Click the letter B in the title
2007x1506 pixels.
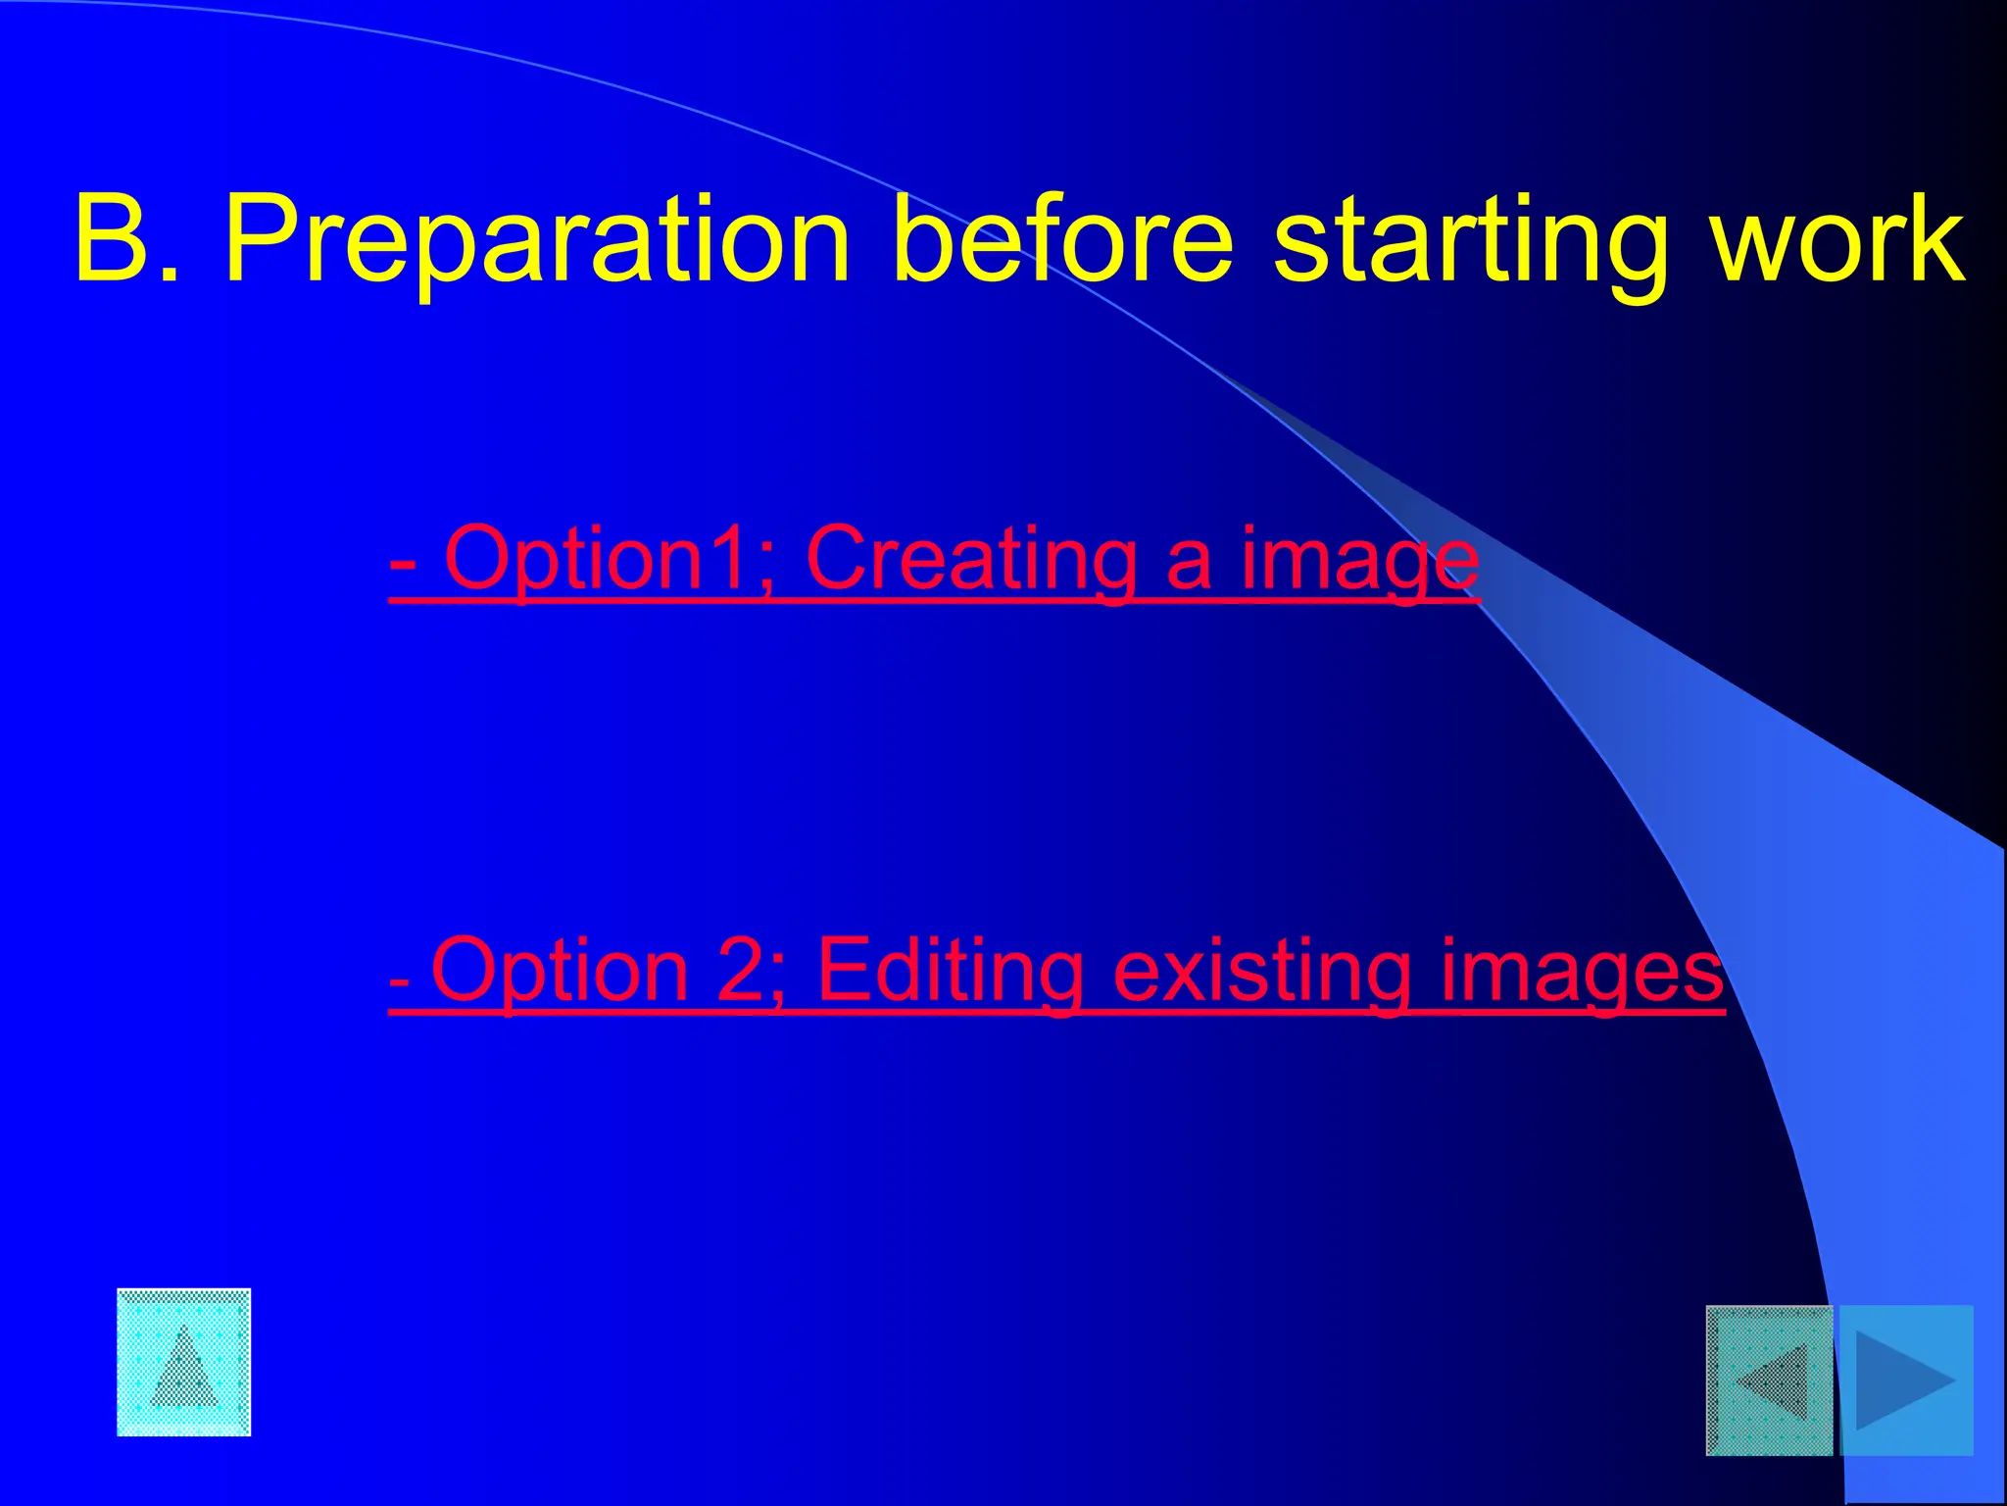[x=116, y=238]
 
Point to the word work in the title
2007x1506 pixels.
[x=1838, y=238]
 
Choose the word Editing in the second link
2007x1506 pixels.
[x=951, y=971]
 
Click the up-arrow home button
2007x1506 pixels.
[x=184, y=1363]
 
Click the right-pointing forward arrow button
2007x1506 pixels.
[x=1905, y=1380]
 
